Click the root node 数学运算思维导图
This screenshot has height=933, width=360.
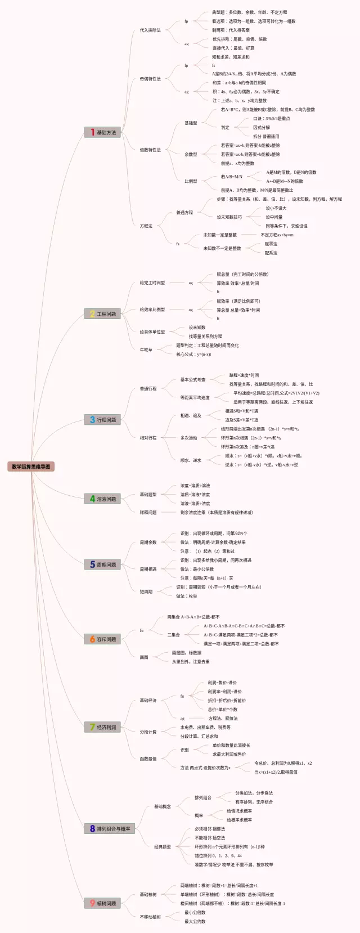[31, 467]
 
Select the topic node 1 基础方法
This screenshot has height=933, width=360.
[102, 132]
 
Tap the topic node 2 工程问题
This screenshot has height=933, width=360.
[102, 314]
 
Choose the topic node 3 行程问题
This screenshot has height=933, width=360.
[102, 420]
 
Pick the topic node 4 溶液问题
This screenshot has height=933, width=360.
[102, 499]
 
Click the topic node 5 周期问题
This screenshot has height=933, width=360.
[102, 564]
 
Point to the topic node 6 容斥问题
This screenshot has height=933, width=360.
[102, 639]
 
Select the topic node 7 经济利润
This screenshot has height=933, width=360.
[102, 727]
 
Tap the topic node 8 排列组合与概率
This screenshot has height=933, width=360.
[110, 828]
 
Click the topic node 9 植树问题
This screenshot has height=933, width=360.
[102, 903]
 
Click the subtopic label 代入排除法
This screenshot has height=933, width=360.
[150, 30]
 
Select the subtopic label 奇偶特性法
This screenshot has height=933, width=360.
[150, 79]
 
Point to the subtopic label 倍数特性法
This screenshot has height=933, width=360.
[150, 150]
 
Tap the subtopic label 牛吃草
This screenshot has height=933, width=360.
[146, 349]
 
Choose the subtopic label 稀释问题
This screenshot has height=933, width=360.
[148, 513]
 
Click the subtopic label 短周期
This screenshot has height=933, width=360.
[146, 591]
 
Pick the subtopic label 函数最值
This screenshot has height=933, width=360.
[148, 759]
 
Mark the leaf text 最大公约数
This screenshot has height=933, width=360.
[195, 921]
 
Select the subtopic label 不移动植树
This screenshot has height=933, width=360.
[150, 917]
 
